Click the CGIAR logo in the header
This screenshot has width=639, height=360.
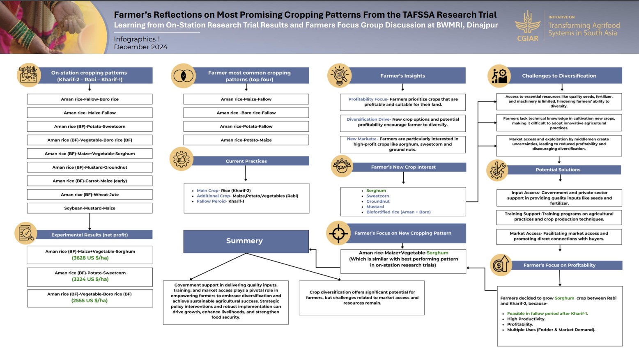(528, 26)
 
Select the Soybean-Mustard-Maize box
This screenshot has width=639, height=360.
(90, 208)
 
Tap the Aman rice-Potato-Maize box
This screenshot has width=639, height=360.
(246, 140)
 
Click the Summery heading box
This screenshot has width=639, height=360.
(246, 241)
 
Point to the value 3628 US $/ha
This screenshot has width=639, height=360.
(90, 258)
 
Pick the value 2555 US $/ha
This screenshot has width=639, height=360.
(90, 300)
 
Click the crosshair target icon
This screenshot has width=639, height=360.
(338, 233)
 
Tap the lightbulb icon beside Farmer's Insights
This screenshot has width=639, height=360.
(340, 76)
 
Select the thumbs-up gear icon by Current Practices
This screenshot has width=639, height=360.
(182, 159)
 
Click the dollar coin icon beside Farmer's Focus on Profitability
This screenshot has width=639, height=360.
(501, 265)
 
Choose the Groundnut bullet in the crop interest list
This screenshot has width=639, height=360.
(378, 201)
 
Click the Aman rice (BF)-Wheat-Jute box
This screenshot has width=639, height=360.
(90, 195)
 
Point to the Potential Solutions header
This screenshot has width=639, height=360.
(558, 170)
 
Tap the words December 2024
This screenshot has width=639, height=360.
(140, 47)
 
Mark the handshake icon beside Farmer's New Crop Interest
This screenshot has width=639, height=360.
(342, 166)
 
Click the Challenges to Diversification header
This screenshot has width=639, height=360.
(559, 76)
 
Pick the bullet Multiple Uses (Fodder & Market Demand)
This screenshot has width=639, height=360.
(551, 330)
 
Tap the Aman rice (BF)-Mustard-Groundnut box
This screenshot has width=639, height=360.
(90, 167)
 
